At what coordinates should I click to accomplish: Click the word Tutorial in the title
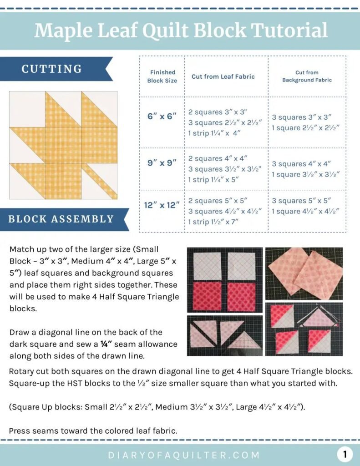(289, 30)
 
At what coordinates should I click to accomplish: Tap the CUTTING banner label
(51, 69)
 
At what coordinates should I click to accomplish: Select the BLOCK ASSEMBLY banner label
(61, 219)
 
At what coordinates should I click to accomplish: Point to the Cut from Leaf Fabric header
(223, 76)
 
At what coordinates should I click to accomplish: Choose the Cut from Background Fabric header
(307, 76)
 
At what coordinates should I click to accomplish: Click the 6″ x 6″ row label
(162, 116)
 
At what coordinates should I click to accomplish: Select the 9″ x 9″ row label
(162, 162)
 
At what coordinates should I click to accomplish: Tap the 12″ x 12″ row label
(162, 205)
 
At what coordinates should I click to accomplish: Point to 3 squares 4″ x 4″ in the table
(301, 164)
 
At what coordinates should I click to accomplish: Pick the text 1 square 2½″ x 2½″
(305, 128)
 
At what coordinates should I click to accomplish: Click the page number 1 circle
(345, 454)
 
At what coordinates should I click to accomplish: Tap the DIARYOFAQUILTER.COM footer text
(184, 455)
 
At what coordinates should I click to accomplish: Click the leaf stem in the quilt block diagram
(101, 182)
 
